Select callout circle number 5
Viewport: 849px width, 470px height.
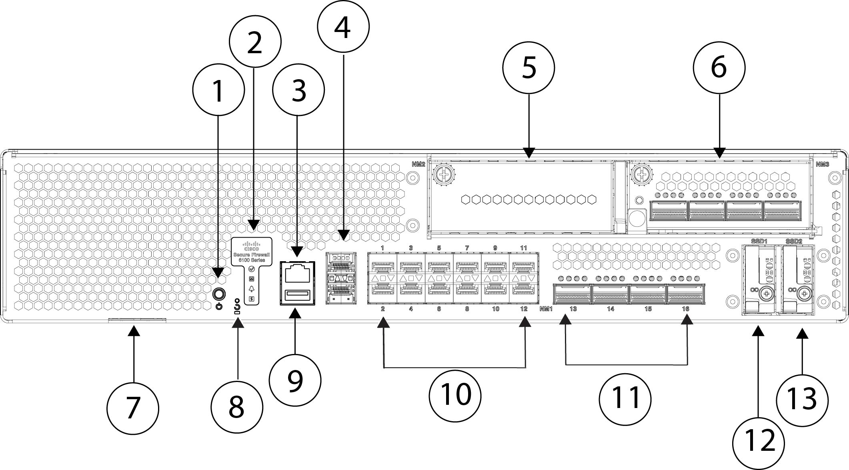[x=529, y=68]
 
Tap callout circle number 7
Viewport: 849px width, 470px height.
[x=133, y=408]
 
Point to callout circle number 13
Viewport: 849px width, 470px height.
[x=802, y=399]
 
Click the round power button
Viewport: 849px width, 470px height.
[x=218, y=294]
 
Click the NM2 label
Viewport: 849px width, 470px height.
[x=418, y=164]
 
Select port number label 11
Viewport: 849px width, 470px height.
[x=523, y=248]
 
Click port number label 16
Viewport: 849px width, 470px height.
[x=685, y=309]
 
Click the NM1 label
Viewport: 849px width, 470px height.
[x=546, y=309]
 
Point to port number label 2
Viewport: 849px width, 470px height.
[x=383, y=309]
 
